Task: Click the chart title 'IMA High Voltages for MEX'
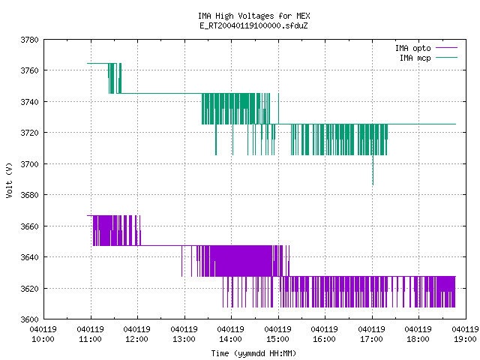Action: point(253,16)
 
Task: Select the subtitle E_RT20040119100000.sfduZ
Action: point(253,25)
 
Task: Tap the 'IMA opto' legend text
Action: point(413,48)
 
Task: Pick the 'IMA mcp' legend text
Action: point(415,58)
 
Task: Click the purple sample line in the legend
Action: point(447,48)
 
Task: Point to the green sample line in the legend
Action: point(447,58)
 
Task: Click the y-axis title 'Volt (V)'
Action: point(9,180)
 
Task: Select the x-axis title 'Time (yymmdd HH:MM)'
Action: point(253,353)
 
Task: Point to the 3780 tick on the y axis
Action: point(30,40)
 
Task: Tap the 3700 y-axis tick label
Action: point(30,164)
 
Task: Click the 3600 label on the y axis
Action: point(30,319)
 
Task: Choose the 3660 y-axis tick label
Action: point(30,226)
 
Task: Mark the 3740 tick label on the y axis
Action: point(30,102)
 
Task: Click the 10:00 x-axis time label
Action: point(43,339)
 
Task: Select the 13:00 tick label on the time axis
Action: point(184,339)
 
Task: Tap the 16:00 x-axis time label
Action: point(324,339)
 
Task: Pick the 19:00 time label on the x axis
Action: point(465,339)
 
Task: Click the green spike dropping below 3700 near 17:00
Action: point(373,170)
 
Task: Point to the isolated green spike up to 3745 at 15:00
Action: point(278,109)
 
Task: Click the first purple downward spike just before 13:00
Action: point(181,261)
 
